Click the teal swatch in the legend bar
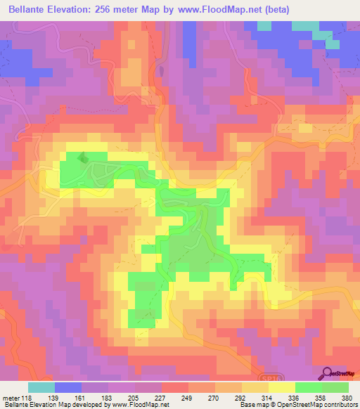pos(41,387)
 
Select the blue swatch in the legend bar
pos(68,387)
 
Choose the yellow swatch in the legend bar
pos(281,387)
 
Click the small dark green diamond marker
pos(83,159)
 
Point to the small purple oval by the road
pos(162,71)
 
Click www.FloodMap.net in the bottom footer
pos(141,405)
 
